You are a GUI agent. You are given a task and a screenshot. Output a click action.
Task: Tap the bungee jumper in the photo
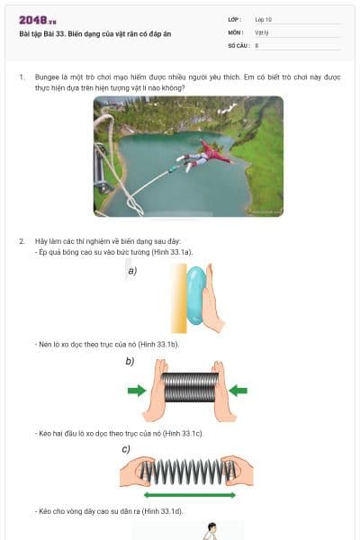(206, 155)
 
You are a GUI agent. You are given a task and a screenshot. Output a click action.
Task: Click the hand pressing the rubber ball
(208, 301)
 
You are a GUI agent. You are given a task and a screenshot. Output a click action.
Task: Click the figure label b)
(130, 361)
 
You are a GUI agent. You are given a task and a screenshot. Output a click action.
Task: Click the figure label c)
(126, 448)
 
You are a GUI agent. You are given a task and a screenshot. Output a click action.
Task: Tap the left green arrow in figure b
(136, 391)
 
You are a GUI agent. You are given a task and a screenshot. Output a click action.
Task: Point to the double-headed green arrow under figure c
(189, 495)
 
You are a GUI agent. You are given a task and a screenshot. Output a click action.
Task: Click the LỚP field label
(235, 18)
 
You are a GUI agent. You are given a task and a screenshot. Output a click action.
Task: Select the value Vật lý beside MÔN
(263, 31)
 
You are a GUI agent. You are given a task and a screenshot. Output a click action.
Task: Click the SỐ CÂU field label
(238, 44)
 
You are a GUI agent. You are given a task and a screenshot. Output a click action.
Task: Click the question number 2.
(22, 241)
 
